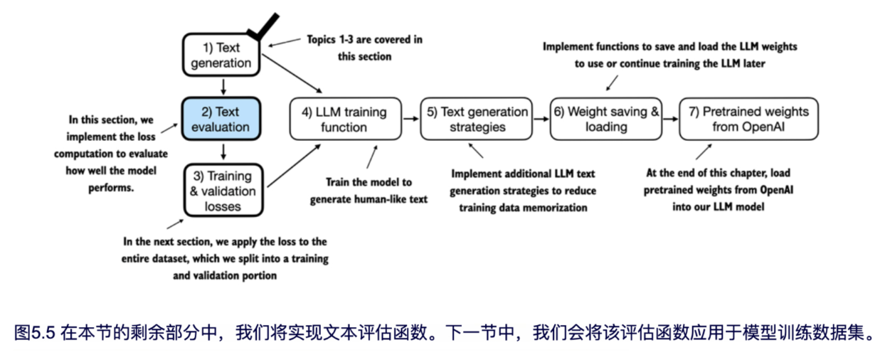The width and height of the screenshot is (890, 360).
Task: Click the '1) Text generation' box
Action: [x=223, y=55]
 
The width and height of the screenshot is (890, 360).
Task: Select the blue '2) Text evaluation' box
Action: [x=223, y=119]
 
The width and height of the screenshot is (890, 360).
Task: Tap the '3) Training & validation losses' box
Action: [x=223, y=190]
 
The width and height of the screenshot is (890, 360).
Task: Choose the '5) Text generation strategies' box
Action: [x=476, y=119]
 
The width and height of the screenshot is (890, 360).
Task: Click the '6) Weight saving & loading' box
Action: [x=606, y=119]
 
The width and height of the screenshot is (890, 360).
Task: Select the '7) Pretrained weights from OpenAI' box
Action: [x=743, y=119]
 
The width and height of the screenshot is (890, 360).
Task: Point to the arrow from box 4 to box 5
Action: [x=410, y=119]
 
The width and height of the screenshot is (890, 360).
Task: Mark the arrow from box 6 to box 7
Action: [x=671, y=119]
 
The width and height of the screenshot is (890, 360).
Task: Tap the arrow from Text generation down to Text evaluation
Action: [x=223, y=87]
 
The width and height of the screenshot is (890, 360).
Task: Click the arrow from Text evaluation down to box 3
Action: [x=223, y=151]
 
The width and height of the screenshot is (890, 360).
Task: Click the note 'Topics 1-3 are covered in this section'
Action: [x=364, y=48]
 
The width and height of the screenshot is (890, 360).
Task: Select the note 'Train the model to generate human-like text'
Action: [x=369, y=191]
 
